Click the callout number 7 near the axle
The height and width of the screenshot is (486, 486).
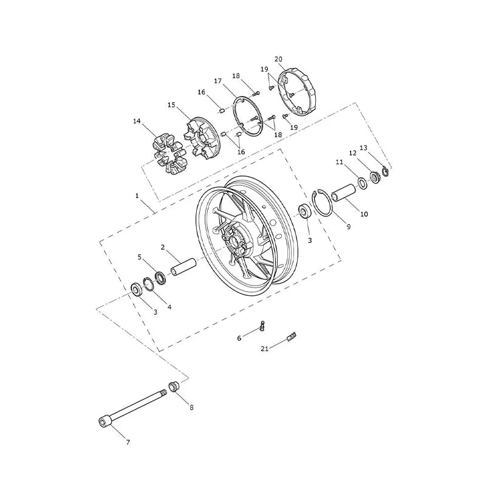click(128, 442)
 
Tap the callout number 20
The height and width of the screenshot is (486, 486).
click(278, 59)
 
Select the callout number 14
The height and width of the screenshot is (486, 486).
click(137, 121)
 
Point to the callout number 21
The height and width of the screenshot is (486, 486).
click(264, 349)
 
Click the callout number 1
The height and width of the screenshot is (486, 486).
click(137, 196)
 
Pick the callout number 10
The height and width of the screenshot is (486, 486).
click(364, 214)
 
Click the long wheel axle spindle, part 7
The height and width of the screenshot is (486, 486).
click(132, 408)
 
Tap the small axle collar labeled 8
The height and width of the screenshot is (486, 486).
click(174, 386)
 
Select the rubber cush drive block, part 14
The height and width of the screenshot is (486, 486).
click(170, 154)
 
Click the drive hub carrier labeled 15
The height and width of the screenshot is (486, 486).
click(202, 138)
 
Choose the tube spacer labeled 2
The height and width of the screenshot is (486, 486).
click(183, 267)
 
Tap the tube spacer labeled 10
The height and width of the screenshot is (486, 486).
click(344, 193)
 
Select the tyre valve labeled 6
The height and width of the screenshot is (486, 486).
click(262, 327)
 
